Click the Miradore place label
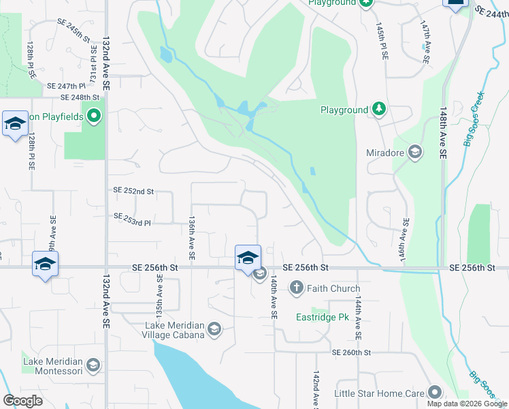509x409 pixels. (385, 153)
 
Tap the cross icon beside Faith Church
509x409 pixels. (296, 288)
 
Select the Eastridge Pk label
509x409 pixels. (322, 317)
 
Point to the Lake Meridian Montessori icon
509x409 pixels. (93, 366)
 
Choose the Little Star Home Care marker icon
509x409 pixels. (434, 393)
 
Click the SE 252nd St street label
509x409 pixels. (133, 192)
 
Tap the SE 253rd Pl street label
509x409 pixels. (132, 219)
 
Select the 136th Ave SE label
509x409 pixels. (193, 238)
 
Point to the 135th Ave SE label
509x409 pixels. (159, 297)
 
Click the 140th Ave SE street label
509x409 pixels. (274, 298)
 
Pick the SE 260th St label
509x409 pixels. (351, 352)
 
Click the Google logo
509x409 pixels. (22, 400)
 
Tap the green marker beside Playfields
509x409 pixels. (95, 117)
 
